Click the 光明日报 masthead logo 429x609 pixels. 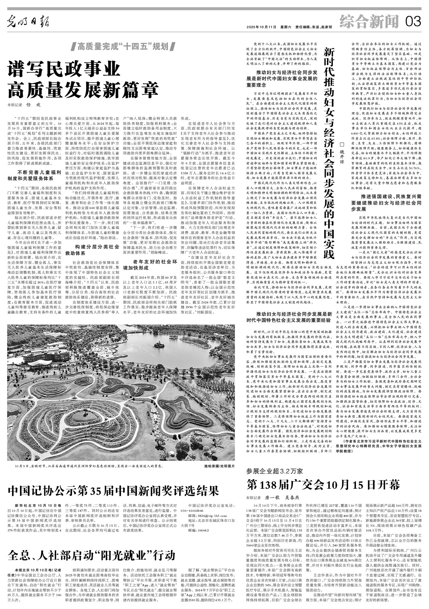(29, 22)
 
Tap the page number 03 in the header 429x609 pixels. (413, 22)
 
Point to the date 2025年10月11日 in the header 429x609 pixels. (262, 27)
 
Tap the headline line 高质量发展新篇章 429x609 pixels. (83, 89)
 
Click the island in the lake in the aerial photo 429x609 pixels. (159, 345)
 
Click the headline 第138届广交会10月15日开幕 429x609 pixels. (323, 485)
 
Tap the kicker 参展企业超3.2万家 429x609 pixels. (274, 471)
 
